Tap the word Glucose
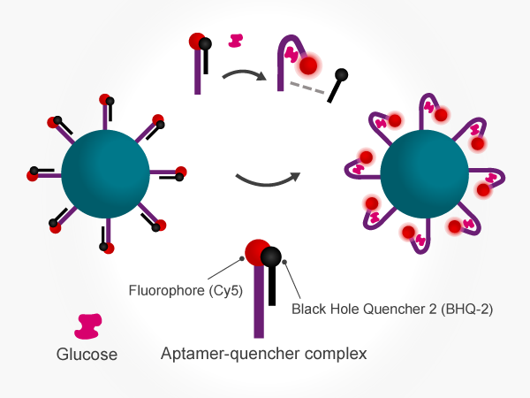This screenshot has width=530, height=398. (x=83, y=355)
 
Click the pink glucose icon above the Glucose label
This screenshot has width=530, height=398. (x=88, y=325)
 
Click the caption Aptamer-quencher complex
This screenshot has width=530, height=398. (x=263, y=355)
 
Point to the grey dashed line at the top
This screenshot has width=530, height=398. (x=306, y=89)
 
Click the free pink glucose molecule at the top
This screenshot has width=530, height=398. (x=236, y=40)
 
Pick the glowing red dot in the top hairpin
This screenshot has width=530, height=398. (x=309, y=65)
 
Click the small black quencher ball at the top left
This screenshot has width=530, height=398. (x=206, y=42)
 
